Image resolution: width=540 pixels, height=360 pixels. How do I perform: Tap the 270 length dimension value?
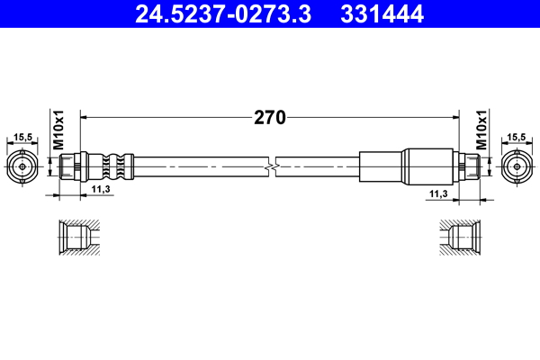269,117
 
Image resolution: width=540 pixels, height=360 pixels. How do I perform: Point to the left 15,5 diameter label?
23,138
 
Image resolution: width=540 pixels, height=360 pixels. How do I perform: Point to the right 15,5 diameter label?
516,138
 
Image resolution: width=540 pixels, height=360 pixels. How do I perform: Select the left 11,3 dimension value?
102,189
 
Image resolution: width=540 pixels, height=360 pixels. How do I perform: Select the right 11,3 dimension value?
438,193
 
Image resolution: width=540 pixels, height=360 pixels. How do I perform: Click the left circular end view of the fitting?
23,167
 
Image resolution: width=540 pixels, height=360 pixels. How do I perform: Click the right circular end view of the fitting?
516,167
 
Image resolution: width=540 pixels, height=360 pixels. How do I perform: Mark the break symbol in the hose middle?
272,167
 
